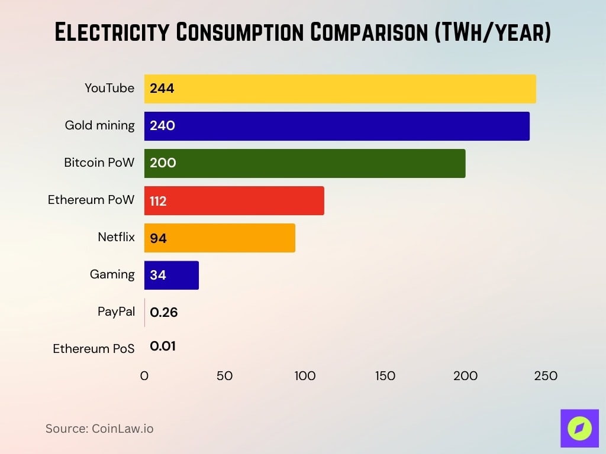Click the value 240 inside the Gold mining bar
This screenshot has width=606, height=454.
pos(162,126)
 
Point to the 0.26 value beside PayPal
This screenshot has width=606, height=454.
pos(164,313)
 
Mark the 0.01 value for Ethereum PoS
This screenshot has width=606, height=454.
pos(163,346)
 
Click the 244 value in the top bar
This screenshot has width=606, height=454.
pos(162,89)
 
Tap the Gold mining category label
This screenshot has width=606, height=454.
pos(99,125)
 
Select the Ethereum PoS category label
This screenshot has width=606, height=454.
pos(94,349)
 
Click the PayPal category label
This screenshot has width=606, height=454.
pos(116,312)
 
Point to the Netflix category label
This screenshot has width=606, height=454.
pos(116,237)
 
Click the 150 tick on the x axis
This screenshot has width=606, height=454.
pos(385,376)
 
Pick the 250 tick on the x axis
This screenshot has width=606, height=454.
pos(546,376)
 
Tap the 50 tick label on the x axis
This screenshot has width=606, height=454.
pos(224,376)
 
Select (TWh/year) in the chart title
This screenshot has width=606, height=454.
pos(492,33)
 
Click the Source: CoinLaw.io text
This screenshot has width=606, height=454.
pos(99,429)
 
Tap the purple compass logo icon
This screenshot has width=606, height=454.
pos(579,428)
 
